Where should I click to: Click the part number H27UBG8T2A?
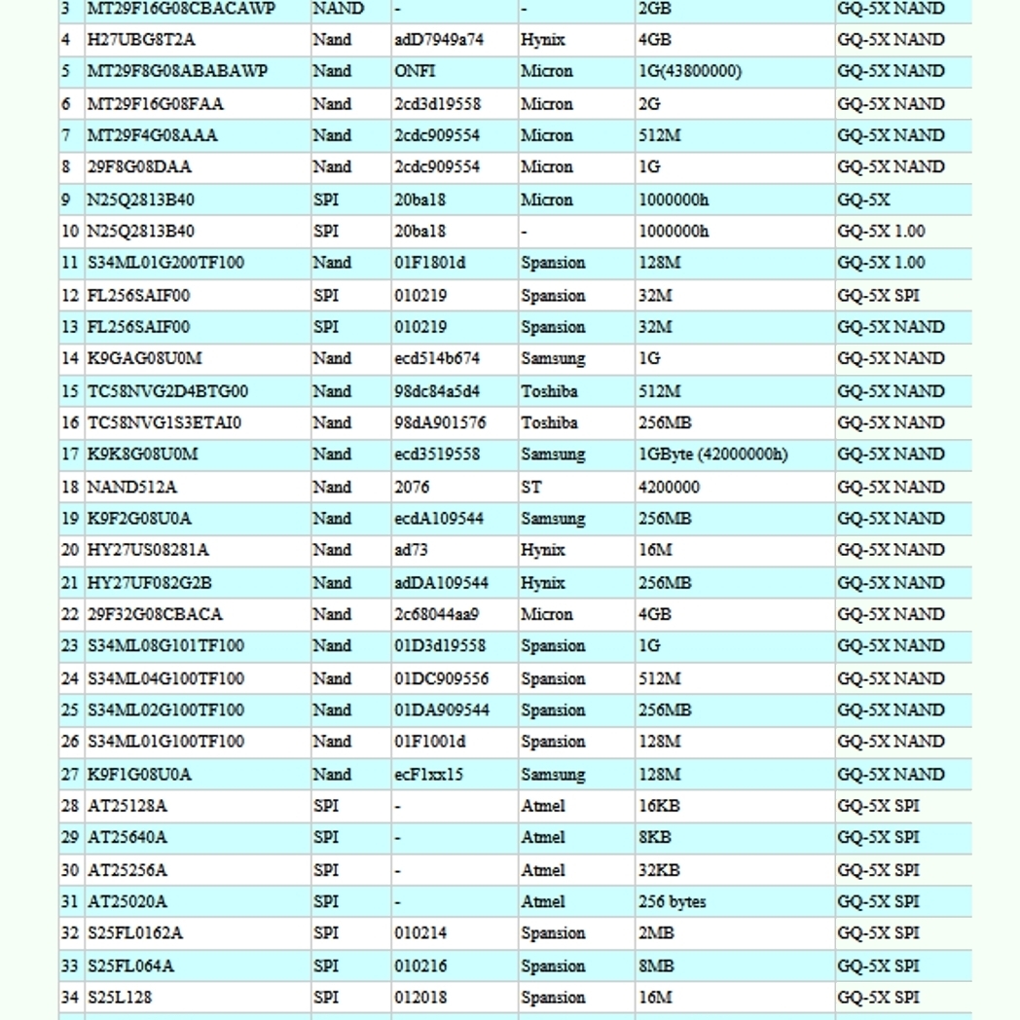click(141, 40)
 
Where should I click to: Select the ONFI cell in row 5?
click(415, 71)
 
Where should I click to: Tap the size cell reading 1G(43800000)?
click(690, 71)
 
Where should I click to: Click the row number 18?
click(70, 487)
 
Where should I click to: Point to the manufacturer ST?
click(531, 487)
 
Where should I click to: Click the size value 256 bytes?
click(673, 901)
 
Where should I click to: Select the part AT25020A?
click(127, 901)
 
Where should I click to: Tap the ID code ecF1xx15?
click(429, 775)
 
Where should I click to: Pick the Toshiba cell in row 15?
click(549, 391)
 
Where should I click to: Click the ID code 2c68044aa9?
click(436, 614)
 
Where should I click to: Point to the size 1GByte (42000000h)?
click(713, 455)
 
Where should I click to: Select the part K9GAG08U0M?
click(145, 358)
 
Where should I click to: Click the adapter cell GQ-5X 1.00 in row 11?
click(881, 263)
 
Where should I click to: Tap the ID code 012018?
click(420, 998)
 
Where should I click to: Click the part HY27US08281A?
click(148, 550)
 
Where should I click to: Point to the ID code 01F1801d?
click(430, 263)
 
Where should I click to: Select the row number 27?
click(70, 775)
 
